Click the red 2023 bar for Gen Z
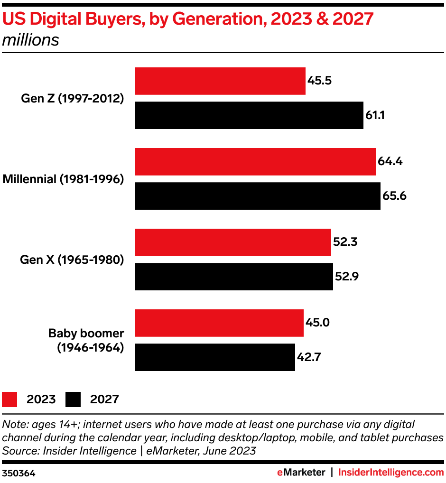220,81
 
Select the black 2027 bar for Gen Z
249,115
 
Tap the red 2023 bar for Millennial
255,162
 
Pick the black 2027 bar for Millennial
257,195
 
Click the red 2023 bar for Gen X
232,242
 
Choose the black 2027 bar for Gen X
233,276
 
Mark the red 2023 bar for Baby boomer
219,323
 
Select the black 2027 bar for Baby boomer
214,357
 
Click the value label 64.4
390,161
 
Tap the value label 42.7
309,357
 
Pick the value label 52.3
345,242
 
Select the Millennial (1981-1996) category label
64,179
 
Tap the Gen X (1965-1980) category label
72,260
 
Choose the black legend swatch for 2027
74,399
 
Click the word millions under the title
31,40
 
